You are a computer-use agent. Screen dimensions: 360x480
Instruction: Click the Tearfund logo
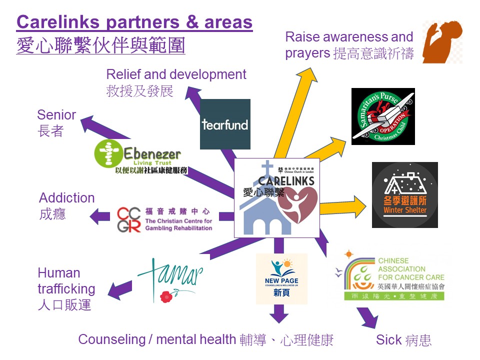(x=225, y=124)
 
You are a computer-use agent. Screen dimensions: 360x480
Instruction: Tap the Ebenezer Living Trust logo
(x=141, y=157)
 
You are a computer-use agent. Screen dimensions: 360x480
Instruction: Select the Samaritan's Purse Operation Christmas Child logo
(x=383, y=116)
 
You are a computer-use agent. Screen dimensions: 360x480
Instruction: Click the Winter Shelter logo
(x=404, y=195)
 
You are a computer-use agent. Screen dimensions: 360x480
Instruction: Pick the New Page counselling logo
(x=281, y=278)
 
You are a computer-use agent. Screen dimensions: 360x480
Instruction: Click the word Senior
(x=56, y=115)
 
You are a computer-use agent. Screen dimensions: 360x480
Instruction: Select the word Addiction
(x=67, y=198)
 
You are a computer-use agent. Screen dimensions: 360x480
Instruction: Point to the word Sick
(x=389, y=340)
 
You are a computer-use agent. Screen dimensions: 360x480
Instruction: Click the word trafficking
(x=66, y=289)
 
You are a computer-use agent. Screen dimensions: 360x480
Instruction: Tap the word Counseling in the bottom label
(x=111, y=340)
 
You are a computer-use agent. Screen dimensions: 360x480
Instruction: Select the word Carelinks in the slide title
(x=59, y=22)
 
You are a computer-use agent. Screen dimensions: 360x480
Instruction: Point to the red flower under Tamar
(x=166, y=296)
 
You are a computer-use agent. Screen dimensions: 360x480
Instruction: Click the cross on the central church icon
(x=268, y=168)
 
